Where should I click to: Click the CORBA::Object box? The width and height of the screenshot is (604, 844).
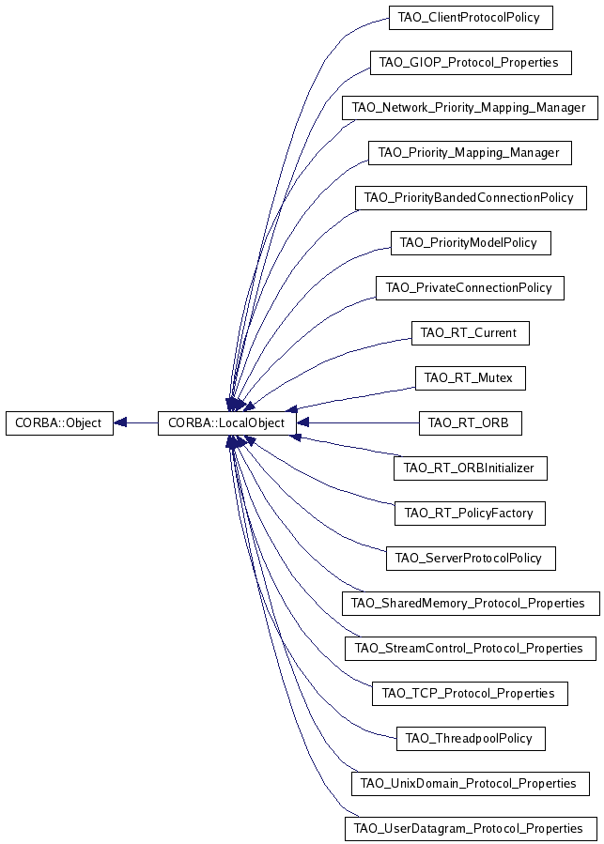(x=59, y=423)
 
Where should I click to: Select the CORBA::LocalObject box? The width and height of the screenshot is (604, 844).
(x=226, y=423)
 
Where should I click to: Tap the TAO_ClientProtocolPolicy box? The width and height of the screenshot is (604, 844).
(x=471, y=18)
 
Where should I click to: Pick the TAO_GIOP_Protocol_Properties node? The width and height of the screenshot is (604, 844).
(x=471, y=63)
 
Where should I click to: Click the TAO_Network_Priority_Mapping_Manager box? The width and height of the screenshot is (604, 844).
(x=470, y=108)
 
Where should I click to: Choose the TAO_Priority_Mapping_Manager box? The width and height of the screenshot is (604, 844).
(x=470, y=153)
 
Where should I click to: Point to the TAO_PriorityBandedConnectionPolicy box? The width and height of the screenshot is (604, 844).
(x=471, y=197)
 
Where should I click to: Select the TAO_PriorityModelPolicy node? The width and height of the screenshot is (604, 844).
(x=471, y=243)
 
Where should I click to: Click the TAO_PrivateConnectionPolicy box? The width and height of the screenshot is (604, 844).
(x=470, y=288)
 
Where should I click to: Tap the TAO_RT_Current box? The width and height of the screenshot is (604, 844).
(x=471, y=332)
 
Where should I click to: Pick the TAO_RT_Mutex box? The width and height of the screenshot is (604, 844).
(x=471, y=377)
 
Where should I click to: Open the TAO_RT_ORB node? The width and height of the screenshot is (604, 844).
(x=471, y=423)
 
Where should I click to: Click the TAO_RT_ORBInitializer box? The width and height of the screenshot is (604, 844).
(x=471, y=468)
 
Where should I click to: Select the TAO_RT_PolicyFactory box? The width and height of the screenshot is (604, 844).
(x=471, y=513)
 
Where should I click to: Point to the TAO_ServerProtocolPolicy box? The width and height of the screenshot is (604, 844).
(x=471, y=559)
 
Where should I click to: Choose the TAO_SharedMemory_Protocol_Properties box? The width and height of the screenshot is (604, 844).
(x=471, y=603)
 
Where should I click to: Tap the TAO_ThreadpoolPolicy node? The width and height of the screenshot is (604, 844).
(x=471, y=738)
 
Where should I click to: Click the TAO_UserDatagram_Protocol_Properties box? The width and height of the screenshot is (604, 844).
(x=471, y=828)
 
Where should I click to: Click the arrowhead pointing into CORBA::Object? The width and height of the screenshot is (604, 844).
(x=119, y=423)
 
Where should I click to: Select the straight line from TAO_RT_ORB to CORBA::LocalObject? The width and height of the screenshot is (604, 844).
(x=358, y=423)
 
